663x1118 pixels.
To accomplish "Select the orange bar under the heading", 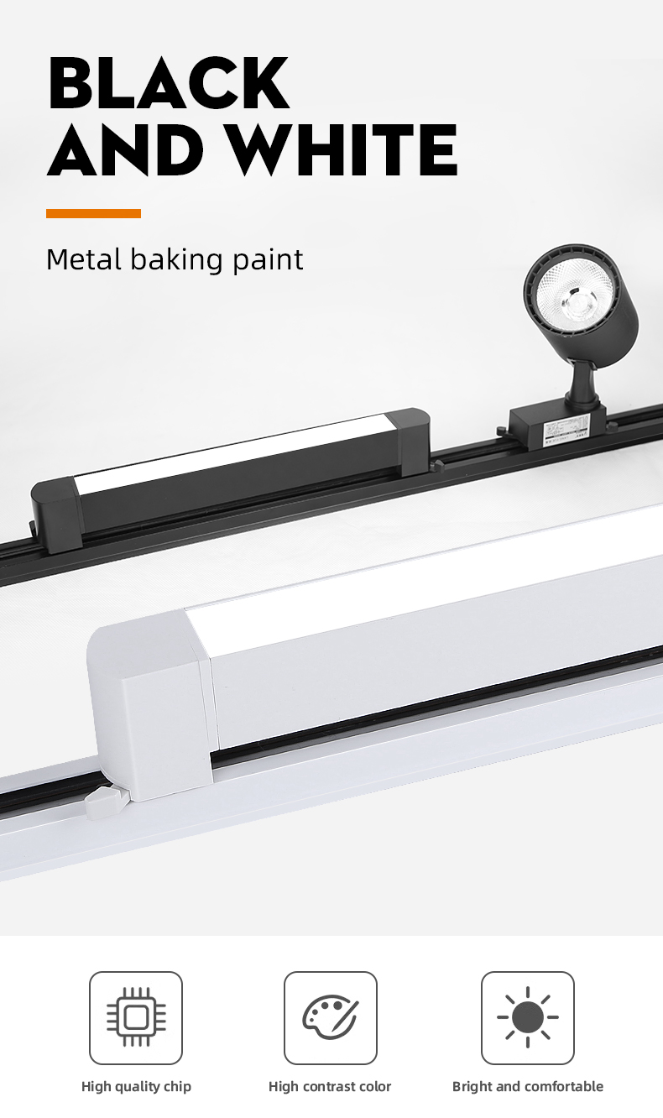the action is point(93,214).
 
